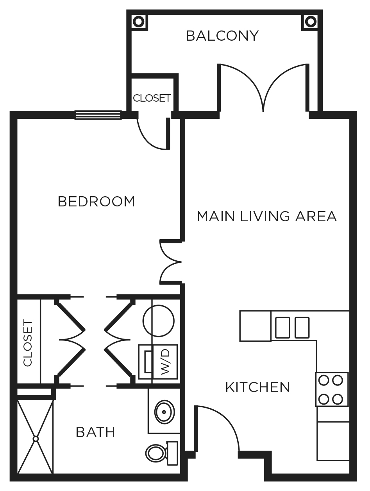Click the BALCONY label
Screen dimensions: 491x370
coord(222,36)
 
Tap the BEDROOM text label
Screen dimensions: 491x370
coord(96,202)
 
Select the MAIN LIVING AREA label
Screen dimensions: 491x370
coord(266,216)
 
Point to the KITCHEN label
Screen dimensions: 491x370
coord(258,387)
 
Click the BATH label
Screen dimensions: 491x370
coord(95,432)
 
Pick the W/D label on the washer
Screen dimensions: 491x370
coord(165,362)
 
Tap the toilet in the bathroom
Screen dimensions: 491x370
coord(158,453)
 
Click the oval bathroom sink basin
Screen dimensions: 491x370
coord(164,411)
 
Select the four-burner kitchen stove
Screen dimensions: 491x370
coord(332,389)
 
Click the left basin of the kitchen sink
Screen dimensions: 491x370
coord(283,327)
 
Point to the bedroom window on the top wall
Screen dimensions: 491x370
coord(98,115)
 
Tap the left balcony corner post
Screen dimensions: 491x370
coord(139,21)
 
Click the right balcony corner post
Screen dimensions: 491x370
coord(310,21)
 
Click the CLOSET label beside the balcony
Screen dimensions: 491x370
coord(152,98)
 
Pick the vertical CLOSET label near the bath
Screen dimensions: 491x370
coord(28,343)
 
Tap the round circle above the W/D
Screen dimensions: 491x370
coord(158,321)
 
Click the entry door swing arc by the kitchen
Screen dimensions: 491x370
coord(223,422)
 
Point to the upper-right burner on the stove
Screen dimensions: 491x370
coord(338,380)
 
